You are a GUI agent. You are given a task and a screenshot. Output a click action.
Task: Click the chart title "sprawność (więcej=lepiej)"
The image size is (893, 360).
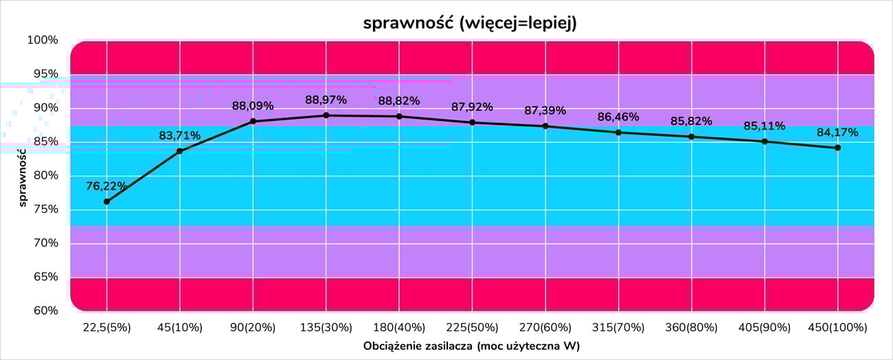click(470, 23)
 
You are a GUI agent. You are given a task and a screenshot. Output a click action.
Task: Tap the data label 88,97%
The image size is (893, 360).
click(326, 100)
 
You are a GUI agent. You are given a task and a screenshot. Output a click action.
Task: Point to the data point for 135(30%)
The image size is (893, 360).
click(326, 115)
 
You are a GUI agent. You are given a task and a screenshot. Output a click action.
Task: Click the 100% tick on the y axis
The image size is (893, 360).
click(43, 41)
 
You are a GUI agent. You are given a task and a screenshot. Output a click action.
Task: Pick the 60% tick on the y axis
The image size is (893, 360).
click(43, 311)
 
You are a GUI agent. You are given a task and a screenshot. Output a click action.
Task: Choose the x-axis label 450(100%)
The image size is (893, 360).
click(837, 327)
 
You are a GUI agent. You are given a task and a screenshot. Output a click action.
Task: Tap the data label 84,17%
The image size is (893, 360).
click(837, 133)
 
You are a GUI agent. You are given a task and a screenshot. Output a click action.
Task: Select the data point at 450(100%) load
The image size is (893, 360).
click(837, 148)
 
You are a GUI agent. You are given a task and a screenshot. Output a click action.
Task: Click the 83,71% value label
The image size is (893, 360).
click(179, 135)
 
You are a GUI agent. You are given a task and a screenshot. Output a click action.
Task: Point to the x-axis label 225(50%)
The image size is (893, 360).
click(472, 327)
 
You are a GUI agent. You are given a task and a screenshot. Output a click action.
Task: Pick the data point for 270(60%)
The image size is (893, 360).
click(545, 126)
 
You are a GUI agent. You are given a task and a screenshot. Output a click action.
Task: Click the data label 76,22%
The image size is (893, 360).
click(106, 185)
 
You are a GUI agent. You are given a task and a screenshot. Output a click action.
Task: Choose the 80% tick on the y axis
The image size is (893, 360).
click(43, 175)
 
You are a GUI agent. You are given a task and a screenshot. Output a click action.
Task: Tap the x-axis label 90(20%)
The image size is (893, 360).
click(253, 327)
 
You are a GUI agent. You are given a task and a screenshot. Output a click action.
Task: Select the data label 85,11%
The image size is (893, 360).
click(764, 126)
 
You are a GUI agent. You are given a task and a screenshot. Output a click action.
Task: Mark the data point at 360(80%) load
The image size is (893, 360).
click(691, 137)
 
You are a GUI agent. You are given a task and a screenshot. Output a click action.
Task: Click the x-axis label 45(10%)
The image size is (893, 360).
click(179, 327)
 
